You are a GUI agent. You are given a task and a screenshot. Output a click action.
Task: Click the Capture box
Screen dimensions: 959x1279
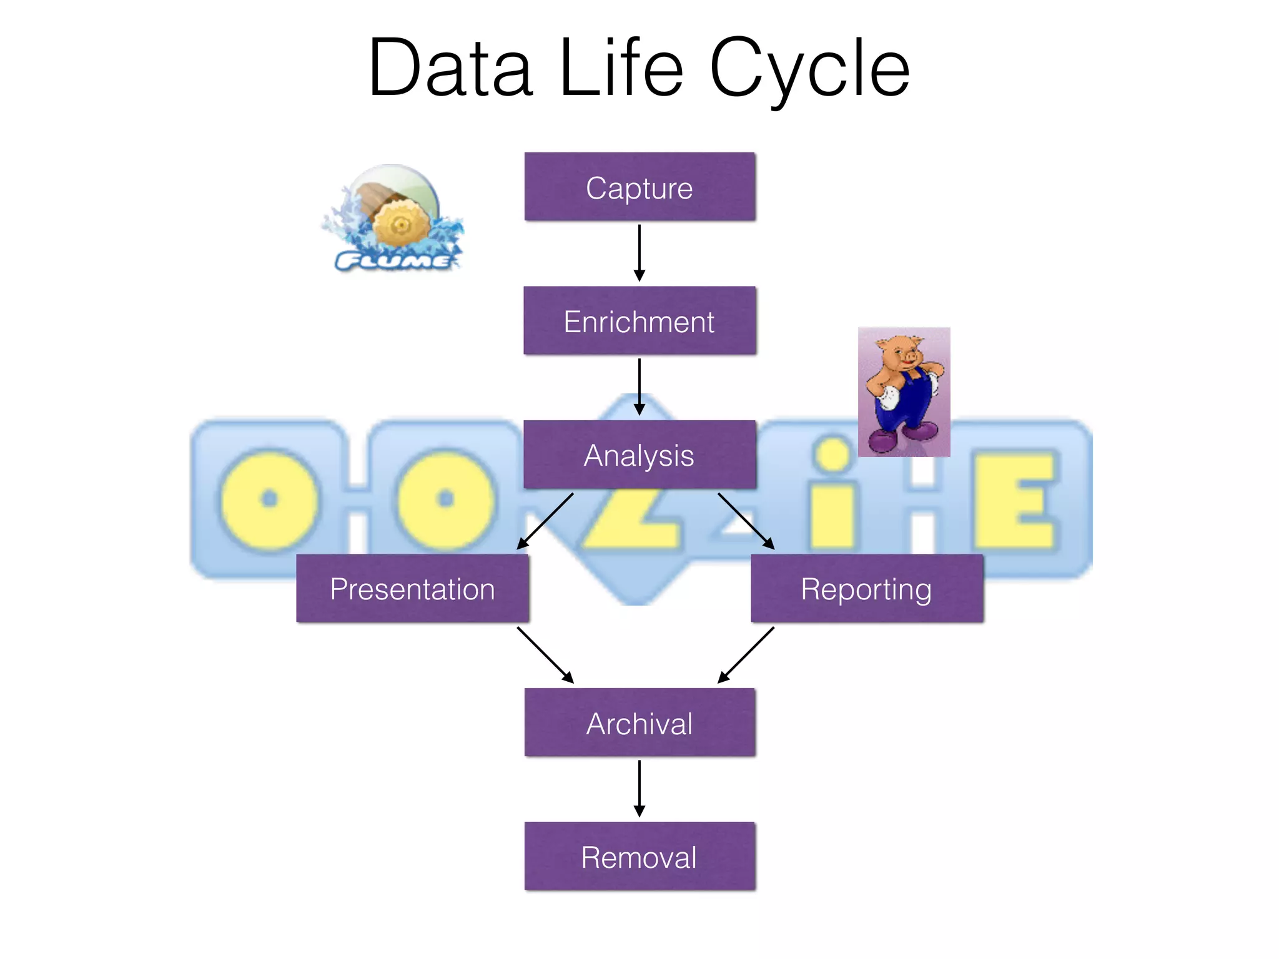(x=639, y=187)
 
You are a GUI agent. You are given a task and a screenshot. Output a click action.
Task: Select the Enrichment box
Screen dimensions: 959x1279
(x=639, y=321)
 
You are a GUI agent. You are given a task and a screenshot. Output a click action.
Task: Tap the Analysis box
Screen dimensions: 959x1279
(x=639, y=455)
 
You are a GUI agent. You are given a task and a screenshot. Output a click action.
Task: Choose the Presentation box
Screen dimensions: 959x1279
(x=412, y=589)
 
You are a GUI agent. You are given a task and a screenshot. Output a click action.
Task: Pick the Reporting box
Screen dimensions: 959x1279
(x=867, y=589)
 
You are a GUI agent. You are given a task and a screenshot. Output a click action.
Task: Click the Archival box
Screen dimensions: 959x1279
(x=639, y=723)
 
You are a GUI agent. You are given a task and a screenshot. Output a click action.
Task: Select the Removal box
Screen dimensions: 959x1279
(x=639, y=857)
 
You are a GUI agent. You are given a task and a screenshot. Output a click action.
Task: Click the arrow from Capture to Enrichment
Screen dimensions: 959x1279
(x=639, y=253)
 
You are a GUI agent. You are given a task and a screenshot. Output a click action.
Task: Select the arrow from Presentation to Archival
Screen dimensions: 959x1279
(x=545, y=655)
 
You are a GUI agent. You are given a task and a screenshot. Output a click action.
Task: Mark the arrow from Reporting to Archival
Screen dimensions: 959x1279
(x=746, y=655)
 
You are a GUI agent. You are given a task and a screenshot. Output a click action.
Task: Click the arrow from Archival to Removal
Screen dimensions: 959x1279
(x=639, y=789)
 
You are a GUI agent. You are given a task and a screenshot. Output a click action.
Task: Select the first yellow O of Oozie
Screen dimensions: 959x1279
(x=269, y=499)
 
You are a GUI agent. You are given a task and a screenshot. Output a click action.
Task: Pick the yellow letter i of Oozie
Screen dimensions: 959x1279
(x=833, y=493)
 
